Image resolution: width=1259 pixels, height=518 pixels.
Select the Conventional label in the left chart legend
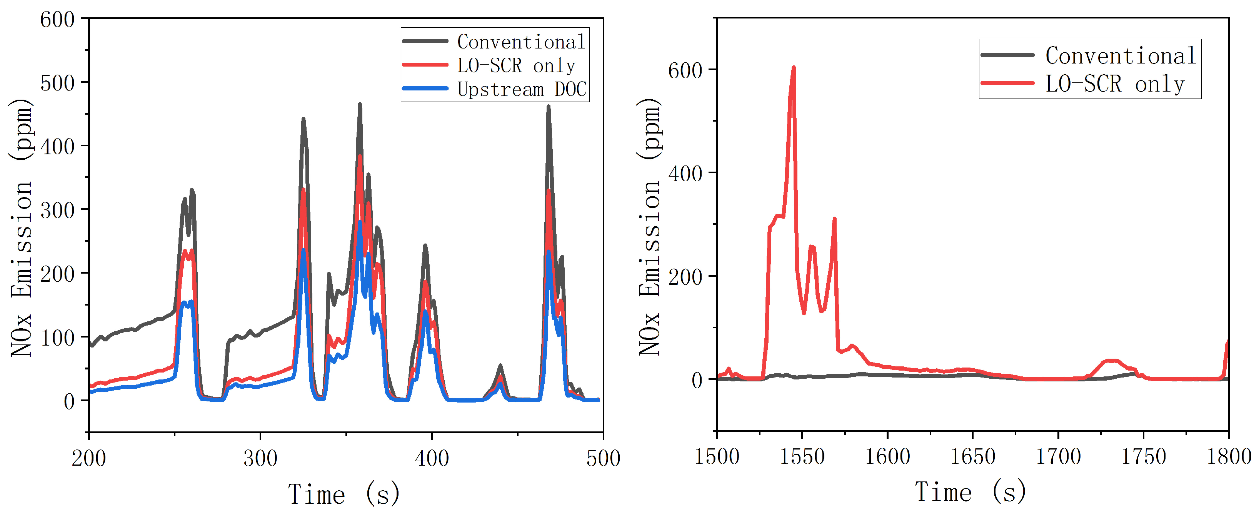tap(521, 42)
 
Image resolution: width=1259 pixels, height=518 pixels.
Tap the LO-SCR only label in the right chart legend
tap(1115, 84)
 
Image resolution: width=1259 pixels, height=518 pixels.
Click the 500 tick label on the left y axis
tap(57, 83)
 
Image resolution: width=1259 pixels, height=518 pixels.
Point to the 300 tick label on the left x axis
tap(260, 458)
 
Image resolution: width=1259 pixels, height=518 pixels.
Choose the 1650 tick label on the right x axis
tap(972, 457)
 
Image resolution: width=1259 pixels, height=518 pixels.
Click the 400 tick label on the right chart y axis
tap(685, 173)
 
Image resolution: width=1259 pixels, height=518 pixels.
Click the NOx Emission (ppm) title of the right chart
tap(650, 226)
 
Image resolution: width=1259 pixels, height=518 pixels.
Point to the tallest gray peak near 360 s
tap(360, 104)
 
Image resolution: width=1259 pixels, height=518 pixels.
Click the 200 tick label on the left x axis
tap(89, 458)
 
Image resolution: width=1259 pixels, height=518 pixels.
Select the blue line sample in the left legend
tap(425, 89)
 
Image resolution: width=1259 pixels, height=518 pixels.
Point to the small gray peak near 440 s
tap(500, 365)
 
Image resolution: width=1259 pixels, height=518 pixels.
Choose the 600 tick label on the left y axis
tap(57, 20)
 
